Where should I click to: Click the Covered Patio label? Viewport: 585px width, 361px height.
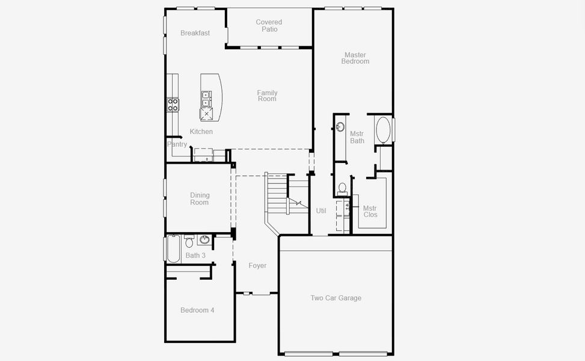269,26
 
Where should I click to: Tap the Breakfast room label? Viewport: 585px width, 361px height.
195,33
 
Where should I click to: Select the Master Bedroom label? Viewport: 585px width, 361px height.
355,58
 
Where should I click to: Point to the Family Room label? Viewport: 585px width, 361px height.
268,96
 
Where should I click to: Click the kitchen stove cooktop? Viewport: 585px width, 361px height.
173,105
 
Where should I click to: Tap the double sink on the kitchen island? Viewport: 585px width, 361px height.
206,99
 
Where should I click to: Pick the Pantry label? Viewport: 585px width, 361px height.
177,144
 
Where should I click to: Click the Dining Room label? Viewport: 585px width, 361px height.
200,199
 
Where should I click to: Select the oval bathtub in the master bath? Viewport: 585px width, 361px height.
383,129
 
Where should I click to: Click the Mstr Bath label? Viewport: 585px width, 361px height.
357,137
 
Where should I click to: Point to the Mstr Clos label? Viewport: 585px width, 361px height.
370,211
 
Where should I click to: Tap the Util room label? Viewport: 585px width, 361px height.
321,211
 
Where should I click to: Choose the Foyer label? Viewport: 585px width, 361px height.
257,265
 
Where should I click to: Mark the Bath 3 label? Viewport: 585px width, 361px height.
195,256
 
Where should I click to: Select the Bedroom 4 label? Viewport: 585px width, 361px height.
197,310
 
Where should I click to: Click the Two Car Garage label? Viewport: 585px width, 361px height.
335,298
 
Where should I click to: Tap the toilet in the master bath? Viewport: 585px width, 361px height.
342,188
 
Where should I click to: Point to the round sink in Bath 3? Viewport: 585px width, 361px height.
204,240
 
